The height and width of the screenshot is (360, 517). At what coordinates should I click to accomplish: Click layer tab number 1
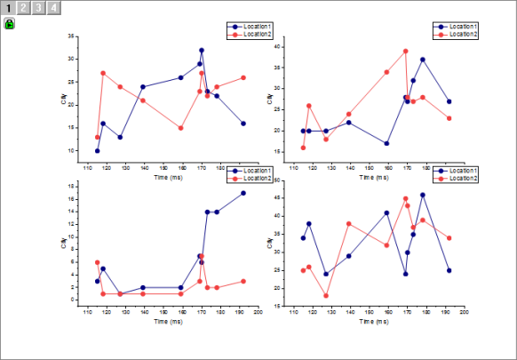(x=8, y=8)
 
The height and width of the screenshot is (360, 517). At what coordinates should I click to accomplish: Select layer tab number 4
(x=55, y=8)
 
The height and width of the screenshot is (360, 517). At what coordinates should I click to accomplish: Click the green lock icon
(x=10, y=25)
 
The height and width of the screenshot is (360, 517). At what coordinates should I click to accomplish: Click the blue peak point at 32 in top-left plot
(x=202, y=51)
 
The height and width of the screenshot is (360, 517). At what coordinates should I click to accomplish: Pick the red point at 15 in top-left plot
(x=181, y=128)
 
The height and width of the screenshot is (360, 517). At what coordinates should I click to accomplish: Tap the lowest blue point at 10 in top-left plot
(x=98, y=151)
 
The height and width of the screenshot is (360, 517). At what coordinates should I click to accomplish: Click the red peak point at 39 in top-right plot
(x=406, y=52)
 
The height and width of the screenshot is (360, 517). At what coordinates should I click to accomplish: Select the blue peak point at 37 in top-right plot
(x=423, y=60)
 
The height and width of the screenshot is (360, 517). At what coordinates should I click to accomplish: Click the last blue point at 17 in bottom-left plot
(x=243, y=193)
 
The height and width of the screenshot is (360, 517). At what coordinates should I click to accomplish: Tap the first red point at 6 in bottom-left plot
(x=98, y=262)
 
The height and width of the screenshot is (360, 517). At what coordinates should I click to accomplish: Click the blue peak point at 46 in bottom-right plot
(x=423, y=195)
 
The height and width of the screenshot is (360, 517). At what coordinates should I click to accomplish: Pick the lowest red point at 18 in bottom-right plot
(x=326, y=296)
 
